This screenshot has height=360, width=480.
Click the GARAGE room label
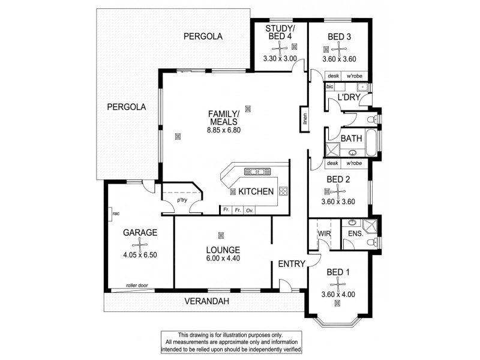pos(140,232)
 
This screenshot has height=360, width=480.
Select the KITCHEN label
pos(256,191)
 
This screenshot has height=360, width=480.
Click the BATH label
pos(351,138)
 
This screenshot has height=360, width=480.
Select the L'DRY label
pos(348,97)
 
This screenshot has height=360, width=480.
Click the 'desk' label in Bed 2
pos(333,163)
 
